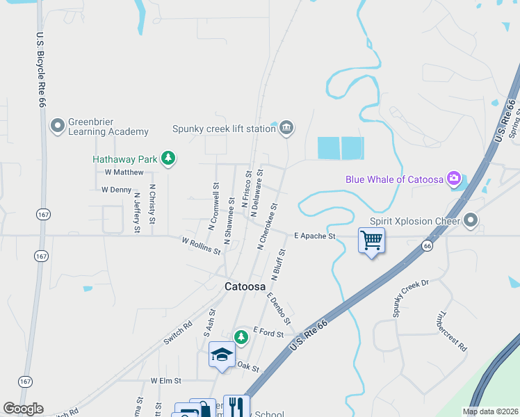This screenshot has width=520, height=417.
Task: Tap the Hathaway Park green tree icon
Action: click(x=168, y=158)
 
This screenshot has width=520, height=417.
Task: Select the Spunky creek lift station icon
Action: click(x=286, y=128)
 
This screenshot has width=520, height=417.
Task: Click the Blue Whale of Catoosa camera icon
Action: click(x=455, y=179)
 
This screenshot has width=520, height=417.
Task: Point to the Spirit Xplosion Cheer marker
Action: click(x=471, y=221)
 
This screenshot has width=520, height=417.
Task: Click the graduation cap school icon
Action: click(x=222, y=354)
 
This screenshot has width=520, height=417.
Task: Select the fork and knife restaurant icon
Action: click(x=236, y=407)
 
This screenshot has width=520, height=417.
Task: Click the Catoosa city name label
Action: click(x=245, y=286)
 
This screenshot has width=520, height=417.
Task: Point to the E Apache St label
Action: click(x=314, y=236)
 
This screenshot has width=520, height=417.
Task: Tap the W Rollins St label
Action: click(x=201, y=246)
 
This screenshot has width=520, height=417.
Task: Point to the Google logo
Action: click(x=23, y=409)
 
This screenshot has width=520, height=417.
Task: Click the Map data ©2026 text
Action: click(x=491, y=411)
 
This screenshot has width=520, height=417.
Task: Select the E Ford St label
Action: click(x=268, y=333)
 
